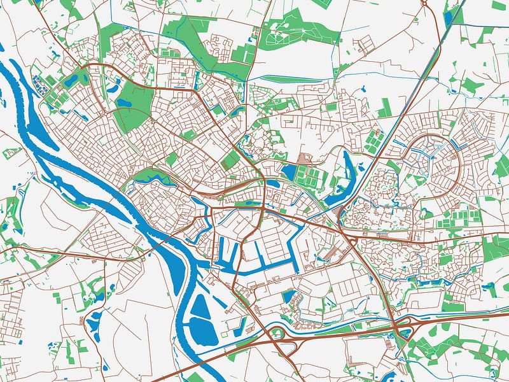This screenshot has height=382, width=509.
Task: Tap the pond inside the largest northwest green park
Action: tap(125, 101)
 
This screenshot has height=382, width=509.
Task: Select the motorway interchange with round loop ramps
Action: tap(286, 346)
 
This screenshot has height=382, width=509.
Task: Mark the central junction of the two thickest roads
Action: tap(262, 208)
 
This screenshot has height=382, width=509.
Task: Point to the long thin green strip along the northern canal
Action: tap(293, 80)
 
